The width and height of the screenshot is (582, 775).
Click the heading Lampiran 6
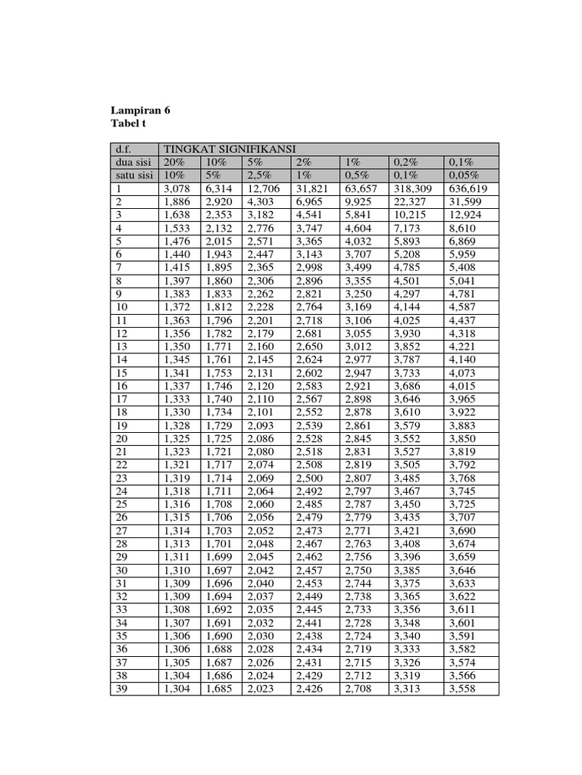[x=140, y=110]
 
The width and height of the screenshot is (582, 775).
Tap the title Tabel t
[x=130, y=123]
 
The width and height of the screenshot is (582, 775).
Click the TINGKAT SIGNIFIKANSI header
[x=224, y=149]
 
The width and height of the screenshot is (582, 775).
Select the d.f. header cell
[x=123, y=149]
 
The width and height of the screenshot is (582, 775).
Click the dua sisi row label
[x=130, y=162]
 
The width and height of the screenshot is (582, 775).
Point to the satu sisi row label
[x=131, y=175]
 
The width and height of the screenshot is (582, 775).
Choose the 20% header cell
[x=174, y=162]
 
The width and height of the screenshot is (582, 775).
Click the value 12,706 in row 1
[x=263, y=188]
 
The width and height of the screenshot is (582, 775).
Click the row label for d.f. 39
[x=120, y=688]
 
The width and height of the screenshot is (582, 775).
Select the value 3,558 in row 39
[x=464, y=688]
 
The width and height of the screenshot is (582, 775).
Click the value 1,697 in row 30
[x=218, y=570]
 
